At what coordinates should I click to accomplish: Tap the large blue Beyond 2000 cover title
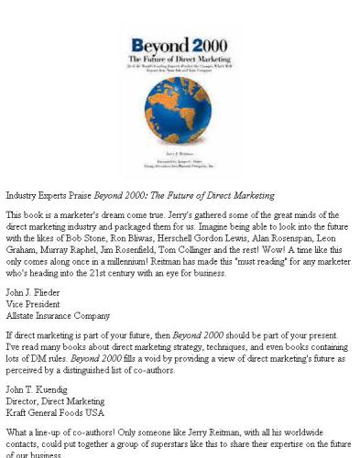(x=179, y=47)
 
